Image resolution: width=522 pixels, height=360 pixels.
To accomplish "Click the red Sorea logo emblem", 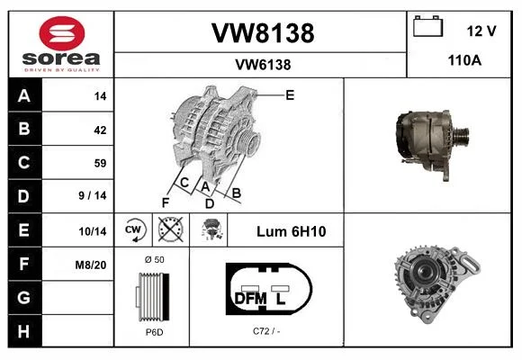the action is tap(62, 33).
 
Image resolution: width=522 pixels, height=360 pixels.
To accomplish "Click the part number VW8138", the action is tap(263, 33).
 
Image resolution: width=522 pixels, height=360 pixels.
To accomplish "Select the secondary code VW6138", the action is tap(263, 65).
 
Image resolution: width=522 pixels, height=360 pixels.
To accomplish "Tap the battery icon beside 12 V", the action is tap(428, 26).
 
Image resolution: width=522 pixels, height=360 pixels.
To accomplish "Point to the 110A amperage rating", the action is tap(464, 60).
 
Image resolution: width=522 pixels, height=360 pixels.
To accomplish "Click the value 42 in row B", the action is tap(100, 130).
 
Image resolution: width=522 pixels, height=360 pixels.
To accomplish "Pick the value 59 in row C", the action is tap(100, 163).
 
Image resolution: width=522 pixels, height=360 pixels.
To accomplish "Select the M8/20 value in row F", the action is tap(91, 265).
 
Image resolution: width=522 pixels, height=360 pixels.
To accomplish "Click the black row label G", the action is tap(24, 297).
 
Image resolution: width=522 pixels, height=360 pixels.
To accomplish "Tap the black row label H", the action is tap(24, 331).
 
